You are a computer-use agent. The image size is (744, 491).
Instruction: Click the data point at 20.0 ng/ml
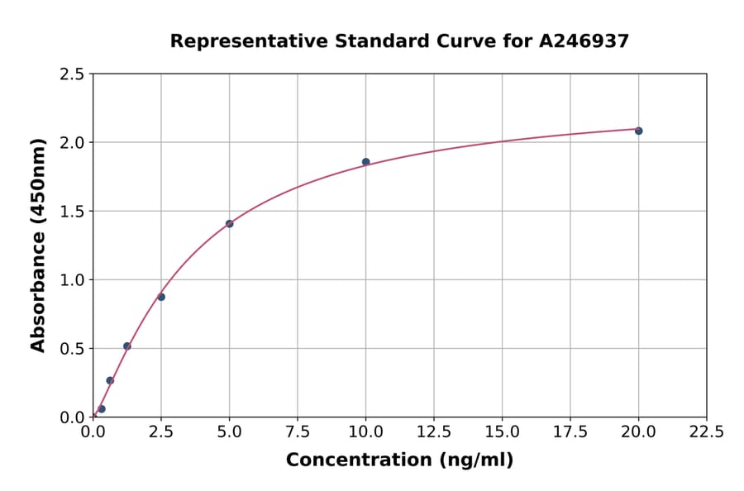click(638, 131)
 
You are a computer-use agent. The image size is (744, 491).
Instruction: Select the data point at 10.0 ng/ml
click(365, 162)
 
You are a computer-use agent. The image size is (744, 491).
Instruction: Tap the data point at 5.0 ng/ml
click(229, 224)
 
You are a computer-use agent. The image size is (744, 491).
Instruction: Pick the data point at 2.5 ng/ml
click(161, 297)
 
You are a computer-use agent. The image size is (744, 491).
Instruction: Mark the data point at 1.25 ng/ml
click(126, 346)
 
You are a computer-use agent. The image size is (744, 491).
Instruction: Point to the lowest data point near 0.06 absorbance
click(102, 409)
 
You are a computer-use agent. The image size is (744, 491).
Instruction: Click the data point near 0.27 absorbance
click(110, 380)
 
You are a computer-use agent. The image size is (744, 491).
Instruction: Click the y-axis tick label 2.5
click(71, 74)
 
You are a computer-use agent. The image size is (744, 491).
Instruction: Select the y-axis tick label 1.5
click(71, 212)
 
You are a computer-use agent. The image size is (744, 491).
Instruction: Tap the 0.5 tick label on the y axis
click(71, 349)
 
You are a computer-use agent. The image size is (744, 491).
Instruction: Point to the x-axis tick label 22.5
click(706, 432)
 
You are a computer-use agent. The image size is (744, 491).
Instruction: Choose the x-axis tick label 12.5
click(433, 432)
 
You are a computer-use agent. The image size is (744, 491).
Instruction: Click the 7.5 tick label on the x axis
click(298, 432)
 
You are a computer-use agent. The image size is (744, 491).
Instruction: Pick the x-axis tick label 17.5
click(570, 432)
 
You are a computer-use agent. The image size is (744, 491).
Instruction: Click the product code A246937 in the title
click(585, 41)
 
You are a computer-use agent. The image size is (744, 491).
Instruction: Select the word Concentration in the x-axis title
click(347, 460)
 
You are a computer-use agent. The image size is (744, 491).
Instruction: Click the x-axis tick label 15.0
click(502, 432)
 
